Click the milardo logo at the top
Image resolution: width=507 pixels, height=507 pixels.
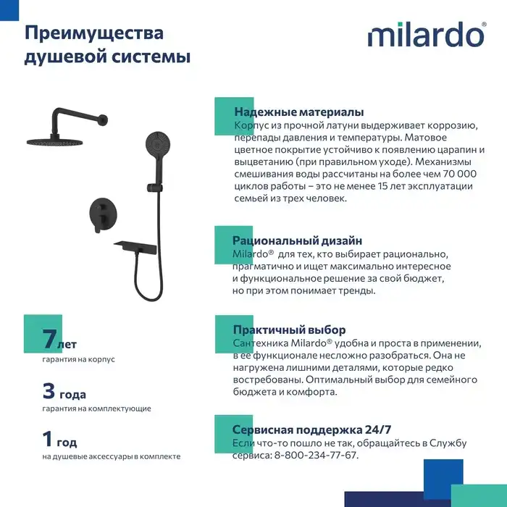[x=427, y=35]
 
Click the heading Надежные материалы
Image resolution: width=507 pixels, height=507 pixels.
[x=298, y=112]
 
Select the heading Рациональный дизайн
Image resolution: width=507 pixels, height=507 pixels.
[x=297, y=240]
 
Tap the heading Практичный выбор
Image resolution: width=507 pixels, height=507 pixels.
[x=289, y=330]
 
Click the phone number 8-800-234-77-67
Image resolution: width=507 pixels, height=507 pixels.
[x=316, y=455]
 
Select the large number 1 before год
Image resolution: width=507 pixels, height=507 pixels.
[x=49, y=438]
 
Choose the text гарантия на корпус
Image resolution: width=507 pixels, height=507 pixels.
[x=78, y=359]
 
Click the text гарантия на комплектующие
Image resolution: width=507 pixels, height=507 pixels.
[x=96, y=408]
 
